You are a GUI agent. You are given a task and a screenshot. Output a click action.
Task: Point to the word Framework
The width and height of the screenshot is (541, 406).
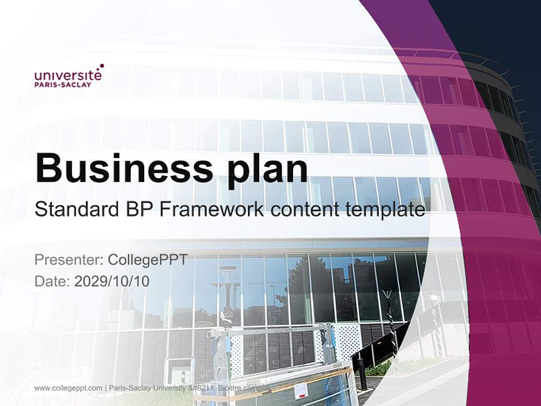tap(212, 210)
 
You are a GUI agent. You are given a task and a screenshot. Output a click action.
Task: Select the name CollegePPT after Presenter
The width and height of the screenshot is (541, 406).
tap(147, 260)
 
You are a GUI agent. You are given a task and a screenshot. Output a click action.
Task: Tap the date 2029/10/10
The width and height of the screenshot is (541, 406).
tap(112, 281)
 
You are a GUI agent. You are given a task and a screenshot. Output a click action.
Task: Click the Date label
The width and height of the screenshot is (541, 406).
tap(52, 281)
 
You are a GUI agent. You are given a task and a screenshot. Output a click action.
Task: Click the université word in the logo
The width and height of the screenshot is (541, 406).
tap(68, 75)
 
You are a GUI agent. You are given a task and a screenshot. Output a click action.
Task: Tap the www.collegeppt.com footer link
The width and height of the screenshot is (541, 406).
tap(68, 388)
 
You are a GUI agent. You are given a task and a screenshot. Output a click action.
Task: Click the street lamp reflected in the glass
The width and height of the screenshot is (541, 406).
tap(228, 276)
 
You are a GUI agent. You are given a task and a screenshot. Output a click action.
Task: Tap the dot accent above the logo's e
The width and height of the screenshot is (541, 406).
tap(101, 66)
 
